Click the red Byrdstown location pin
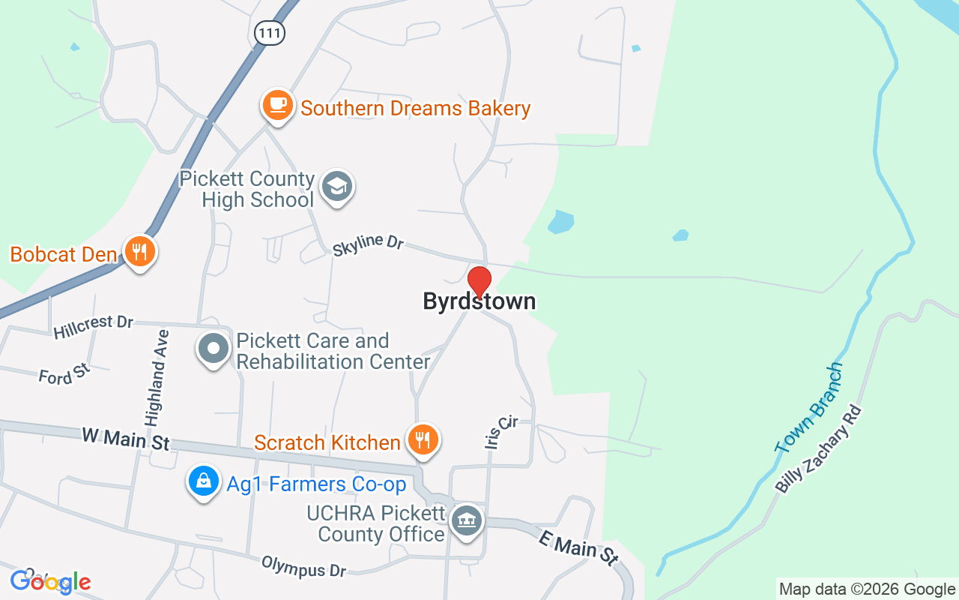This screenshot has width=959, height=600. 479,280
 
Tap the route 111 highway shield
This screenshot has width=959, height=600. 268,32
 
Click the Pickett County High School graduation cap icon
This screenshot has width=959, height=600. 337,187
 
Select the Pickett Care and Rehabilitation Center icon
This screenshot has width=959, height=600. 214,349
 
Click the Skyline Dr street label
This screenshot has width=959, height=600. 368,244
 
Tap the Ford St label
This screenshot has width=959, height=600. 64,373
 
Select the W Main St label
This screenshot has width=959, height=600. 125,439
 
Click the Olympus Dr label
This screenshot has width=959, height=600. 303,566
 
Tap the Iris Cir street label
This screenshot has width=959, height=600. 500,433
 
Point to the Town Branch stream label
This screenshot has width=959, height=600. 809,408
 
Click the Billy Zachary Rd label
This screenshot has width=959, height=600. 820,449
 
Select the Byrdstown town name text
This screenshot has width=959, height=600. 479,301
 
